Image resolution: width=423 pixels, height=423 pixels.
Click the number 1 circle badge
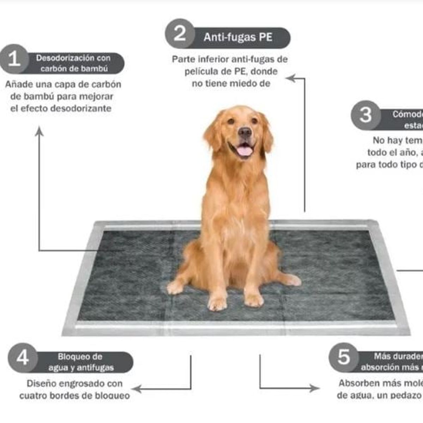point(14,59)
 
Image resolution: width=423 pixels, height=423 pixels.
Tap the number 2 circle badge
point(180,34)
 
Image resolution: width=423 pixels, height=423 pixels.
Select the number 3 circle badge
point(366,115)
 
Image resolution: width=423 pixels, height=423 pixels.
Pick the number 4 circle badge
point(23,358)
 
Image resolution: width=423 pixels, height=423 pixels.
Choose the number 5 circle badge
point(344,357)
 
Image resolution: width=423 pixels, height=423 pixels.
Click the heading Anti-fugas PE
point(238,37)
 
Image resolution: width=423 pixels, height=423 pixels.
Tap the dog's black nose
point(245,133)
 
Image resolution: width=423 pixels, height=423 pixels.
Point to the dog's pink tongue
point(245,151)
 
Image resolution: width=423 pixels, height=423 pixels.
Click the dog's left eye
point(231,121)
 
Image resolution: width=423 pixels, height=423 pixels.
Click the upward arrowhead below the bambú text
point(39,131)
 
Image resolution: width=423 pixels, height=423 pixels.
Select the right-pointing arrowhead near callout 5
point(314,388)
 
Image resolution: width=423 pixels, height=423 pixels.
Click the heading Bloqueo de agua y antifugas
point(81,362)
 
